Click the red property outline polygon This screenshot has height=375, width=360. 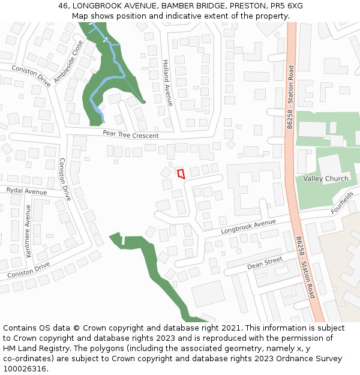(181, 174)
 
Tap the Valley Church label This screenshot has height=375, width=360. (325, 179)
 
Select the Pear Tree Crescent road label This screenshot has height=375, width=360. (130, 135)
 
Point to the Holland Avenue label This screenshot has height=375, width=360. (168, 83)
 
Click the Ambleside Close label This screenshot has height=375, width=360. (68, 62)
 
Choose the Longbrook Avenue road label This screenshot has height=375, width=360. (248, 226)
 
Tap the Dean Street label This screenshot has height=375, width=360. (265, 263)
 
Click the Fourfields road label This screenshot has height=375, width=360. (342, 203)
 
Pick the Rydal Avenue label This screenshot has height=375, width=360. (26, 191)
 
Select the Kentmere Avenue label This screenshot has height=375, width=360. (28, 231)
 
